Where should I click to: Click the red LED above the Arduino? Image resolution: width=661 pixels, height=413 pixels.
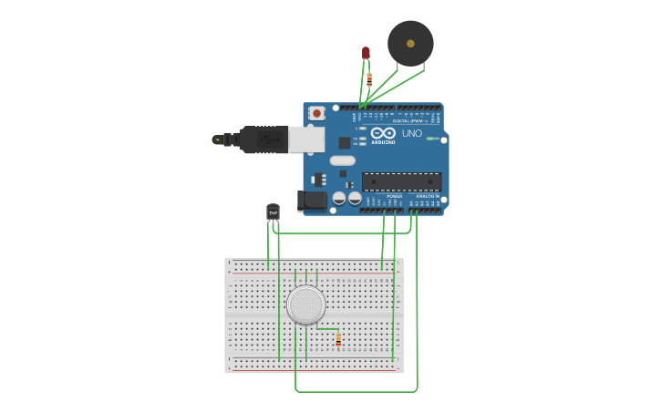tap(367, 54)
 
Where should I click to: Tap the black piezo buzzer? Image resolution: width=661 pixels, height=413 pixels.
tap(410, 43)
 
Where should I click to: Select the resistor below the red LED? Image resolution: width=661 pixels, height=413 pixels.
tap(368, 79)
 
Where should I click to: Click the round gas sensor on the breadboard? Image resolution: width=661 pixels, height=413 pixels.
tap(305, 305)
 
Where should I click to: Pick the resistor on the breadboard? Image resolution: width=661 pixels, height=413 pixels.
tap(338, 339)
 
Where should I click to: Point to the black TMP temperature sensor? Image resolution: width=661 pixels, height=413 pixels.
tap(273, 212)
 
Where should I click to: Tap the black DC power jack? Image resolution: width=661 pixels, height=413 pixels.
tap(312, 201)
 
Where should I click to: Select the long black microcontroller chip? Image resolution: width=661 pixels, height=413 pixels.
tap(401, 181)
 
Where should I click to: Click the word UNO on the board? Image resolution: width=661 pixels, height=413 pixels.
tap(412, 134)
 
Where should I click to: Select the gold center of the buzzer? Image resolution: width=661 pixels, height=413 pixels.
tap(410, 43)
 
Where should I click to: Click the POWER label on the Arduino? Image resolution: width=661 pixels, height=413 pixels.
tap(394, 196)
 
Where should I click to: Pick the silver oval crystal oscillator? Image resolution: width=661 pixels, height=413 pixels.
tap(343, 160)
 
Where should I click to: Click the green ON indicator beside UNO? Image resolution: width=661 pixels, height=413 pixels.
tap(432, 138)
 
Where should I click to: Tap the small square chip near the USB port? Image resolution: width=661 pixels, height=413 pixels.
tap(345, 142)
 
